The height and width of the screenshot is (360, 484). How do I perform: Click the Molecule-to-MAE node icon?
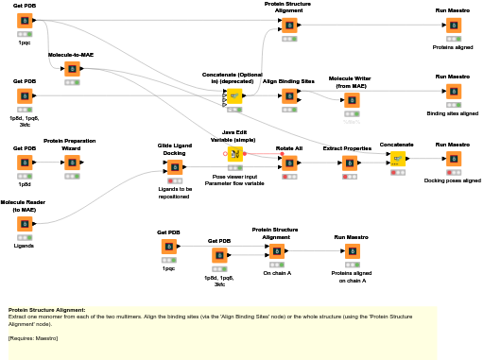(71, 69)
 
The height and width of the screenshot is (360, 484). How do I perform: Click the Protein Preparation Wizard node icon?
(71, 163)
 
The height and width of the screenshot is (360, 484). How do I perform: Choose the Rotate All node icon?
(289, 163)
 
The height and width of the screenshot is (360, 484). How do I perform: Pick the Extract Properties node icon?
(347, 163)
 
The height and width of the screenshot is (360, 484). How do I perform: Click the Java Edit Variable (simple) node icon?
(234, 153)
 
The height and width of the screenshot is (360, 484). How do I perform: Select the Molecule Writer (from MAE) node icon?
(352, 99)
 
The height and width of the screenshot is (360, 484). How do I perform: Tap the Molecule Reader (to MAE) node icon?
(25, 224)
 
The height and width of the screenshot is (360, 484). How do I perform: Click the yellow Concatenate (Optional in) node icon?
(234, 95)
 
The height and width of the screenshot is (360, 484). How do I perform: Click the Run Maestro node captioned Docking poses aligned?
(453, 159)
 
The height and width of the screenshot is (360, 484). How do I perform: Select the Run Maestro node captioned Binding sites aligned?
(453, 91)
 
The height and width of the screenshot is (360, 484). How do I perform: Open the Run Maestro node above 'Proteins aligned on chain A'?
(352, 250)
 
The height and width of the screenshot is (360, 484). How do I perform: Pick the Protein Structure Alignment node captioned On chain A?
(276, 250)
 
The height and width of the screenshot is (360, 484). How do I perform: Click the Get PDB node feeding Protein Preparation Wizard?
(25, 163)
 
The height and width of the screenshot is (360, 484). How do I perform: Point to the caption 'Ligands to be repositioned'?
(175, 193)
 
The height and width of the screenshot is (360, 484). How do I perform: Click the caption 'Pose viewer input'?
(234, 177)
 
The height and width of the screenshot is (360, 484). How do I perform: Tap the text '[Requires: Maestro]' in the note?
(33, 337)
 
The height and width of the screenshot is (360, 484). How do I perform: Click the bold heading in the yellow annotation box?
(46, 310)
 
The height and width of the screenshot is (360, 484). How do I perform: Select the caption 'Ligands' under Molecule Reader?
(25, 246)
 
